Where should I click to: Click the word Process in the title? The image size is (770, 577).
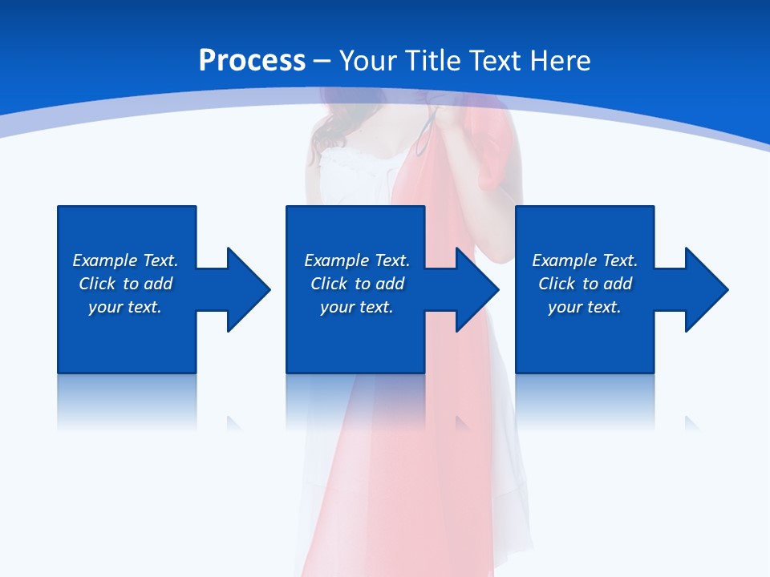tap(252, 61)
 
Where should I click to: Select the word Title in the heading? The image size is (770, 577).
tap(432, 61)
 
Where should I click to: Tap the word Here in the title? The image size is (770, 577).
tap(557, 61)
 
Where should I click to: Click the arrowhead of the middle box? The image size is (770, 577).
tap(476, 289)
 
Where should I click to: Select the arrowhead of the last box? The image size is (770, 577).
tap(706, 289)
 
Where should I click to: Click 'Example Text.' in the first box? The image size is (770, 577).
tap(125, 260)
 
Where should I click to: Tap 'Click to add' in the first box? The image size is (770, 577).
tap(125, 284)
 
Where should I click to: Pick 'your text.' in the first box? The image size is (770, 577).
tap(125, 307)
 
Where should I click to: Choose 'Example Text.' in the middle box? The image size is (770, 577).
tap(357, 260)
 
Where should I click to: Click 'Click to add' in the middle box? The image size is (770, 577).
tap(357, 284)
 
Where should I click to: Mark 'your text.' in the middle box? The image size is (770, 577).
tap(357, 307)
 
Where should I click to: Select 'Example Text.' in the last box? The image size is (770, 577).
tap(585, 260)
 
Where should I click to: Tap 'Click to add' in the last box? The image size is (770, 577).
tap(585, 284)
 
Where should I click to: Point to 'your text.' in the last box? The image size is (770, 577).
tap(585, 307)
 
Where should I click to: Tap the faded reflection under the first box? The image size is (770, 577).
tap(127, 401)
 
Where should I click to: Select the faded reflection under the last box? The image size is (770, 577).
tap(585, 401)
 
